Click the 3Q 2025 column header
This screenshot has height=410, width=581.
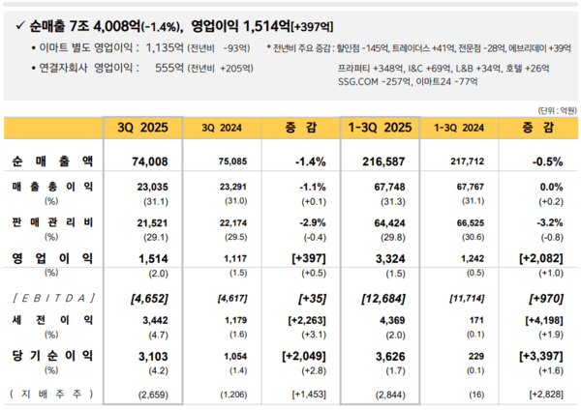point(140,126)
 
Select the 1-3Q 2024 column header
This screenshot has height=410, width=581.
point(459,126)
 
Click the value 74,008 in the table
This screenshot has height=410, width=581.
point(140,160)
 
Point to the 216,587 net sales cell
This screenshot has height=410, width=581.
point(380,160)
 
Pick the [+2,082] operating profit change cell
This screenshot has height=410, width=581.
point(537,258)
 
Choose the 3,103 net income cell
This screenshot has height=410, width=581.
point(140,357)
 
